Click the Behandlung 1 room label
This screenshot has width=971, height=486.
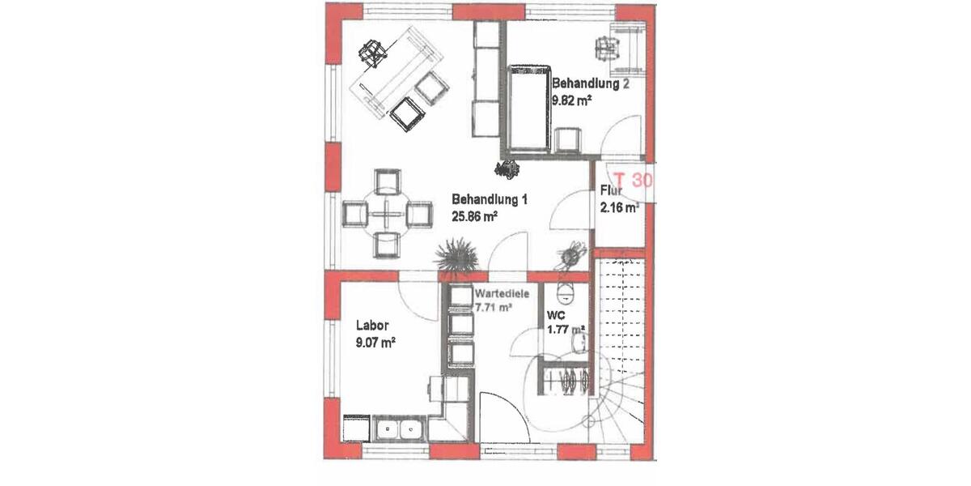pos(490,199)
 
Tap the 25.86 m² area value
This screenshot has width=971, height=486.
pos(473,216)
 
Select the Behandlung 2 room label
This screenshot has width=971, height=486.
pos(590,83)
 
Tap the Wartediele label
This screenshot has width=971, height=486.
pos(502,294)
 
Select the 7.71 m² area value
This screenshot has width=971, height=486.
pos(494,308)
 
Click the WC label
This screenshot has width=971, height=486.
pos(555,313)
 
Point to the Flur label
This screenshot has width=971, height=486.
pos(610,192)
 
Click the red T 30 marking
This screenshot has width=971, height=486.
pos(632,180)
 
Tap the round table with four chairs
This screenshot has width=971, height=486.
pos(385,214)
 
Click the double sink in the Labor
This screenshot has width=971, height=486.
pos(401,428)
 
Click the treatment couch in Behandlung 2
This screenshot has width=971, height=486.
pos(529,109)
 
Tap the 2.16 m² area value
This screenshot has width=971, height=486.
pos(619,208)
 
